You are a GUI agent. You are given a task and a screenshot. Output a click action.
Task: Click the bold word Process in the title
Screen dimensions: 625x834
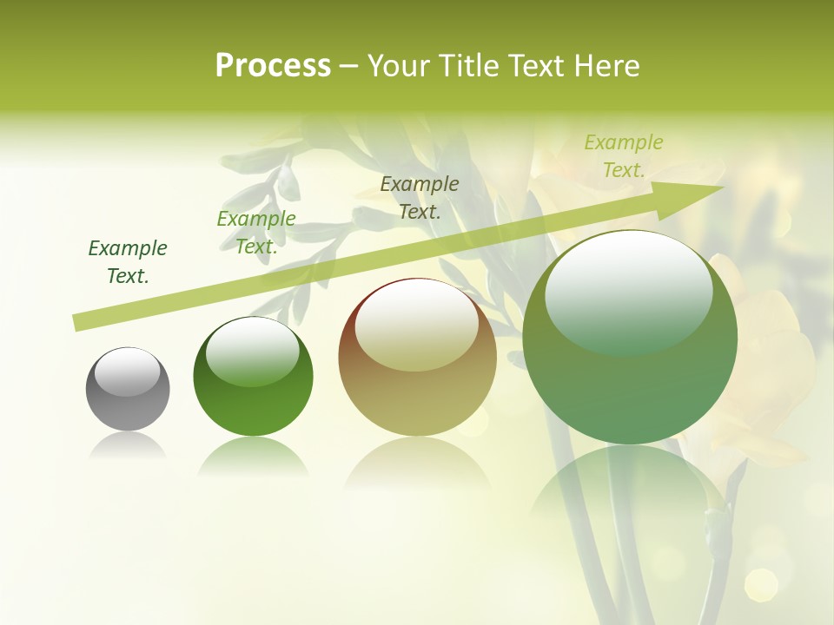pyautogui.click(x=273, y=66)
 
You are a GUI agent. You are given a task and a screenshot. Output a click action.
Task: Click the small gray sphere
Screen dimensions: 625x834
pyautogui.click(x=128, y=389)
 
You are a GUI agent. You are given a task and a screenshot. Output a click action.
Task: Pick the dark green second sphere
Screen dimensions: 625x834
pyautogui.click(x=253, y=377)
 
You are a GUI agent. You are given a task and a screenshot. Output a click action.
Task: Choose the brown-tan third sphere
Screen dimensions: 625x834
pyautogui.click(x=417, y=358)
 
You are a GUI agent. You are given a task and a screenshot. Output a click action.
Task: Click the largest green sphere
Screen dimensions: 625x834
pyautogui.click(x=630, y=338)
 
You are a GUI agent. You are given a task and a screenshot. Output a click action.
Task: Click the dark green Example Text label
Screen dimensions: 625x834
pyautogui.click(x=128, y=262)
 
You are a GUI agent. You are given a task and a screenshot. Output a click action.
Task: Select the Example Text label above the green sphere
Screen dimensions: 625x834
pyautogui.click(x=256, y=233)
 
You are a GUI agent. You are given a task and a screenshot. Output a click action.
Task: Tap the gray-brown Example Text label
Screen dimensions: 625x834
pyautogui.click(x=420, y=197)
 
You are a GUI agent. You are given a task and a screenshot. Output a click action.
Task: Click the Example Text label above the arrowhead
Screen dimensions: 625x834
pyautogui.click(x=624, y=156)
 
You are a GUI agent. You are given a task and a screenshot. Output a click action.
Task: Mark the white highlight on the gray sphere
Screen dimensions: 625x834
pyautogui.click(x=128, y=372)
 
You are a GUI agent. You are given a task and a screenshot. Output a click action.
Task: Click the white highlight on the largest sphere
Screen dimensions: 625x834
pyautogui.click(x=628, y=292)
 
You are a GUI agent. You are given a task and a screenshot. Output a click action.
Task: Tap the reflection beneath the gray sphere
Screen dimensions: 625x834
pyautogui.click(x=128, y=446)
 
